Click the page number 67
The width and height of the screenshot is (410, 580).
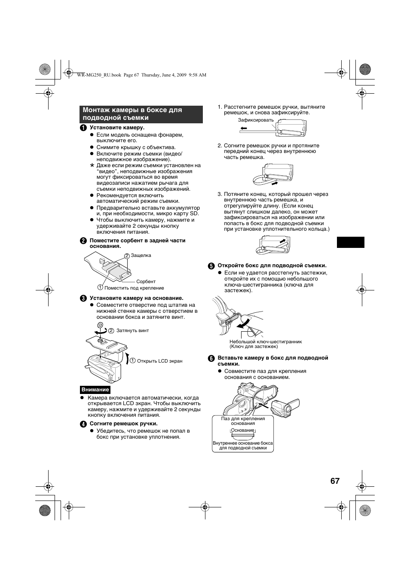click(335, 481)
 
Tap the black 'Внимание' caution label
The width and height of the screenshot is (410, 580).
click(95, 390)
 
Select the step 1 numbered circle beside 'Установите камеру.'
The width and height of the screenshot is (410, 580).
click(84, 128)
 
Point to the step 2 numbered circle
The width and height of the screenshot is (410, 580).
click(84, 241)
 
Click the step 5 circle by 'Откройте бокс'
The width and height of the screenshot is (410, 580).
click(211, 266)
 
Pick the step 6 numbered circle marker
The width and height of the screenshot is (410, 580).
click(211, 358)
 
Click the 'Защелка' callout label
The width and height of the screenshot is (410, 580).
click(141, 255)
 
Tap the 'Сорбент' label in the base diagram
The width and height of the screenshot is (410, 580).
click(146, 281)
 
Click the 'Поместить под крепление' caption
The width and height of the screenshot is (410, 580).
click(134, 288)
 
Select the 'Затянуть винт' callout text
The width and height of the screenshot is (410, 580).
click(133, 330)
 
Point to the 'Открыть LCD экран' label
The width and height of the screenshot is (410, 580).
click(159, 361)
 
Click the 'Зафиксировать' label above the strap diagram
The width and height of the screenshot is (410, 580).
click(256, 120)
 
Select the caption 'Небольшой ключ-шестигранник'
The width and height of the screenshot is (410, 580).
click(266, 342)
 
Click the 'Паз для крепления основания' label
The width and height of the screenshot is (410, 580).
click(243, 421)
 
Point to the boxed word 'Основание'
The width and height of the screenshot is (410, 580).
click(243, 430)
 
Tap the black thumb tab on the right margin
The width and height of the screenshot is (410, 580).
click(350, 242)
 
